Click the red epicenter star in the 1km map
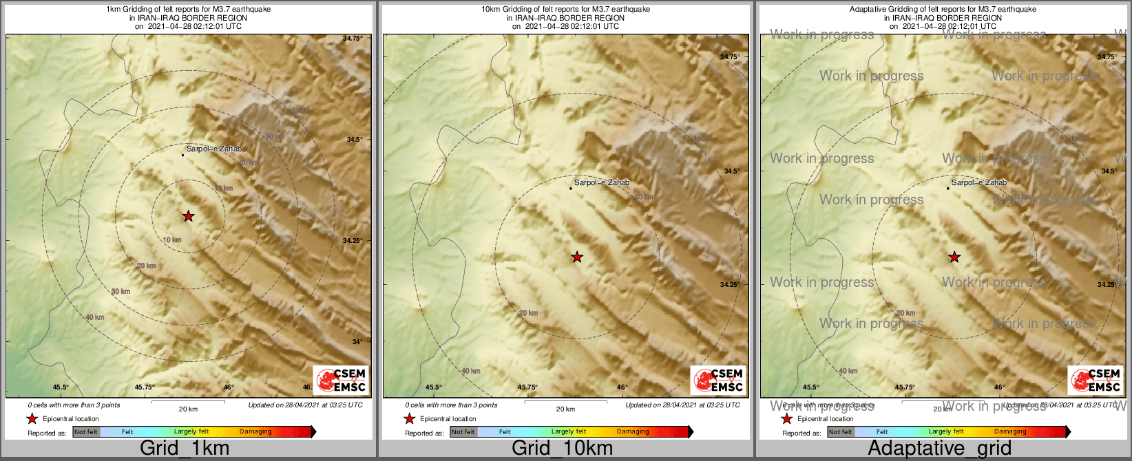[188, 216]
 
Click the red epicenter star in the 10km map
[577, 257]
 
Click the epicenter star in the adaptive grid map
[954, 257]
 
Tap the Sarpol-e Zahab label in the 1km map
[214, 149]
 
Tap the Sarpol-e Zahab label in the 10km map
[602, 183]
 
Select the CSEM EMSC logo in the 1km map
[341, 380]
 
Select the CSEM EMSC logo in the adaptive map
[1096, 380]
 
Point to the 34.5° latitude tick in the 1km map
[354, 140]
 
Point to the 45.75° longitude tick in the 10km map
[527, 387]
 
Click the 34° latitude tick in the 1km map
[357, 341]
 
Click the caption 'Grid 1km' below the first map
[185, 448]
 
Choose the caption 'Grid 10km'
[562, 448]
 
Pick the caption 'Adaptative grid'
[939, 448]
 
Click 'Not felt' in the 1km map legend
[86, 432]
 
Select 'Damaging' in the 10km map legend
[633, 432]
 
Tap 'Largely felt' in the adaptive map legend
[945, 432]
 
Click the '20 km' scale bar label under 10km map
[565, 409]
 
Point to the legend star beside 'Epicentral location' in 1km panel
[32, 418]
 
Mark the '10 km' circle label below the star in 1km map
[172, 240]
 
